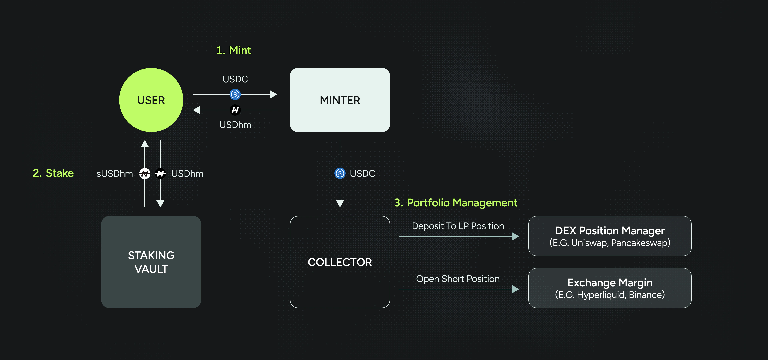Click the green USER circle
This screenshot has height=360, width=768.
click(x=151, y=100)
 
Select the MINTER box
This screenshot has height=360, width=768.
click(x=340, y=100)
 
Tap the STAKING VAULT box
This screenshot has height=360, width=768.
click(x=151, y=262)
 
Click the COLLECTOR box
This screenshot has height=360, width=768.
click(x=340, y=262)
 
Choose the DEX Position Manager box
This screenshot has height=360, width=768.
click(x=610, y=236)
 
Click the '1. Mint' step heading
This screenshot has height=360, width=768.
click(x=234, y=50)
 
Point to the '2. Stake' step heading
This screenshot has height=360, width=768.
click(x=53, y=173)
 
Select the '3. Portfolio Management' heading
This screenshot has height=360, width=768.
click(x=456, y=203)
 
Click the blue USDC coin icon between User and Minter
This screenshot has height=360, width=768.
click(x=235, y=94)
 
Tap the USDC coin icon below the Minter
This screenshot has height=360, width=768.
click(x=340, y=173)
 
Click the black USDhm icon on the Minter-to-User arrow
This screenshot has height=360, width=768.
click(x=235, y=110)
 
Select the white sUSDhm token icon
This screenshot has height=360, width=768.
click(x=145, y=173)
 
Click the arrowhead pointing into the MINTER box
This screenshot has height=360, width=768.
click(x=273, y=94)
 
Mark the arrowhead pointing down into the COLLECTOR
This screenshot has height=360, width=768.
click(x=340, y=204)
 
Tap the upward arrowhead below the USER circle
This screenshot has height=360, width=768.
click(x=145, y=144)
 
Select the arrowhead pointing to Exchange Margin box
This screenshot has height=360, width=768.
click(x=515, y=289)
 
